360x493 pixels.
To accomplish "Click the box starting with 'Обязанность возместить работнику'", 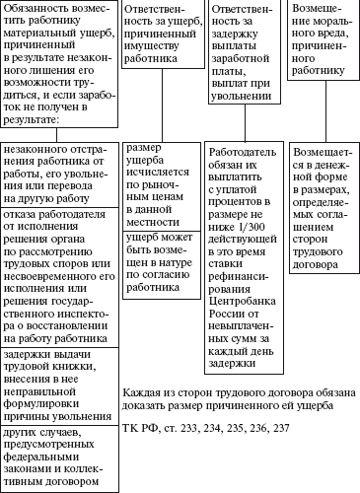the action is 60,64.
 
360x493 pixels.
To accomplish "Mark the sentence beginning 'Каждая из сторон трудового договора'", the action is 228,398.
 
